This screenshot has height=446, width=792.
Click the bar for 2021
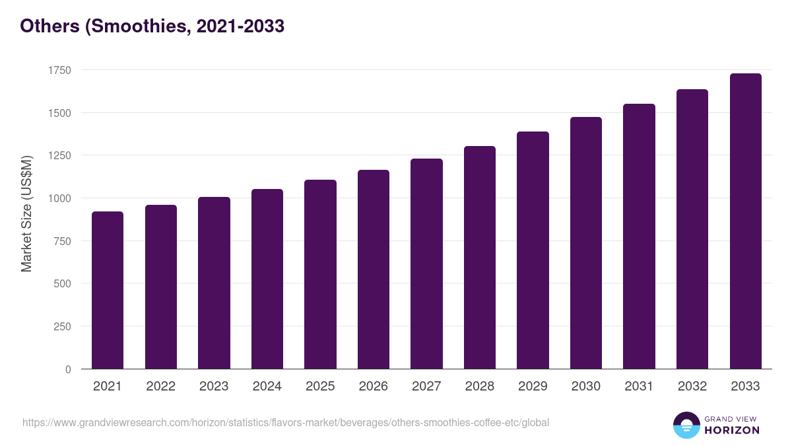108,290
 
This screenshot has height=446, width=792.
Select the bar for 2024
267,279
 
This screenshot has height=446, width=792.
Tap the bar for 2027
426,264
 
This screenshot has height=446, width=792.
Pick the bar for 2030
586,242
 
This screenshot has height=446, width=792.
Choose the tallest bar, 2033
745,221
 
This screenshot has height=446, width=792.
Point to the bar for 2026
374,269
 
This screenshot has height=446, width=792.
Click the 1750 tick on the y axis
59,70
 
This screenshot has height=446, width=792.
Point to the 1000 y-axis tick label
59,198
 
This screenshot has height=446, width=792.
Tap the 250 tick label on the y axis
62,326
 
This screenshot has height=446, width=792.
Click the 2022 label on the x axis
160,387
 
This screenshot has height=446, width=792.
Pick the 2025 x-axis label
320,387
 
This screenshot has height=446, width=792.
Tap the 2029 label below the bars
533,387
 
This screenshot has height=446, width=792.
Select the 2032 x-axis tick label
692,387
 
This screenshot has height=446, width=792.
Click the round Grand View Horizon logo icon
686,425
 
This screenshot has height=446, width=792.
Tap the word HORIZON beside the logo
732,430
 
